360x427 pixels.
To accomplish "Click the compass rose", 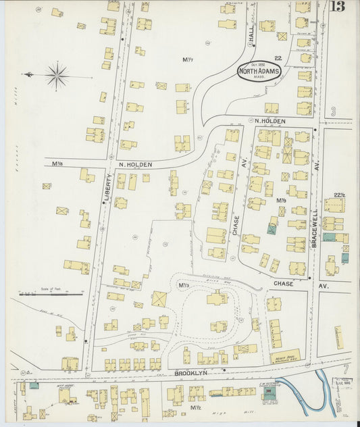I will pyautogui.click(x=57, y=75).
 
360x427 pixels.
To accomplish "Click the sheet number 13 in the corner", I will pyautogui.click(x=340, y=7).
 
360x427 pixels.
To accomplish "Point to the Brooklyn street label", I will pyautogui.click(x=189, y=372).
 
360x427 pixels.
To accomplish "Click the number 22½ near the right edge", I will pyautogui.click(x=339, y=195).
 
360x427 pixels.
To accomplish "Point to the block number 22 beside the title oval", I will pyautogui.click(x=278, y=59).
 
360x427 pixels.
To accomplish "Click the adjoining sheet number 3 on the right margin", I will pyautogui.click(x=333, y=111).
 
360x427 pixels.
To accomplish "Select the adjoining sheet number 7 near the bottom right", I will pyautogui.click(x=345, y=370).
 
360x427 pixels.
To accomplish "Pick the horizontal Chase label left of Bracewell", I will pyautogui.click(x=283, y=284).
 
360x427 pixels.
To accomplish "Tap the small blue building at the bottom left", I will pyautogui.click(x=34, y=386).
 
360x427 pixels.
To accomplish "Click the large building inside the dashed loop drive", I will pyautogui.click(x=217, y=298).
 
